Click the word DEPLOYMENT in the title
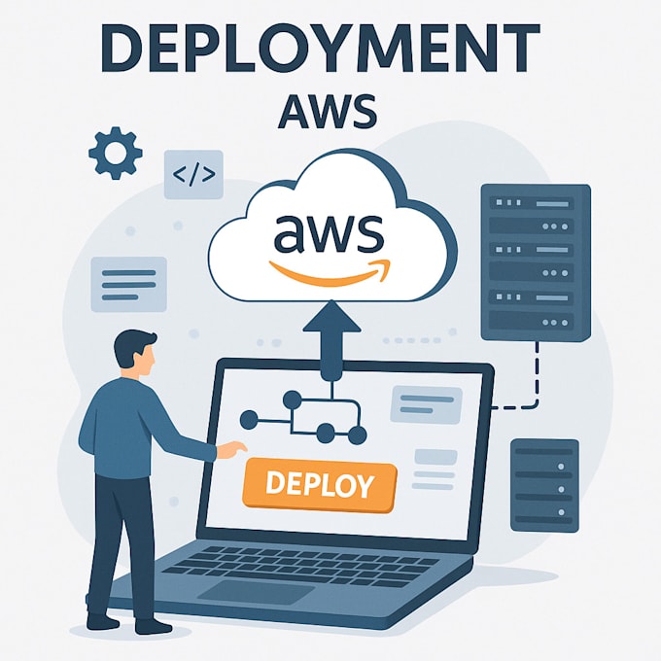(x=321, y=48)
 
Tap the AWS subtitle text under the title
(x=328, y=111)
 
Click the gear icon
(x=115, y=153)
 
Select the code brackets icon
(x=193, y=175)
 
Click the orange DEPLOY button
(x=320, y=485)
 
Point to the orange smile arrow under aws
(x=330, y=273)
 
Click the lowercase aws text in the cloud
(x=330, y=232)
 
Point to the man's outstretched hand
(x=232, y=449)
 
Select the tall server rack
(x=536, y=262)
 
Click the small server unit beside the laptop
(x=544, y=485)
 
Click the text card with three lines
(x=129, y=284)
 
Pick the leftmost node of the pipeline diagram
(x=249, y=420)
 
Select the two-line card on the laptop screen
(x=426, y=404)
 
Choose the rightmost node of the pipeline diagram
(x=357, y=435)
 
